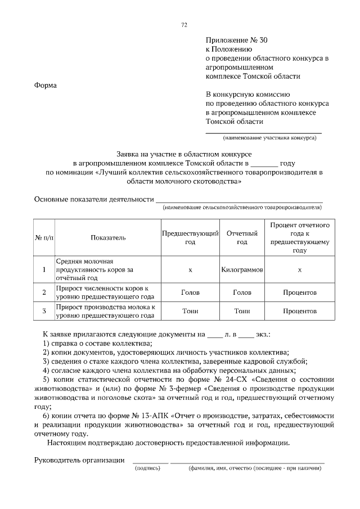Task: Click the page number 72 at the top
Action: point(184,25)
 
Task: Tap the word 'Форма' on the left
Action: point(46,85)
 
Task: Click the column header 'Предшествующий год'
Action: point(190,237)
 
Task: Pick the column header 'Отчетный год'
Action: point(242,237)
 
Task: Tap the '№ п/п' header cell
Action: point(44,237)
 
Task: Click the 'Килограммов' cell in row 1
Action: point(242,270)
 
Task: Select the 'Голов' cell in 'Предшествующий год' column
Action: point(190,292)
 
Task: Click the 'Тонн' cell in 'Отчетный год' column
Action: point(242,310)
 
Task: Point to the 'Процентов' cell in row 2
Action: point(299,292)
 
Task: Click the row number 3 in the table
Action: point(44,310)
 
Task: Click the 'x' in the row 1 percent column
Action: point(299,270)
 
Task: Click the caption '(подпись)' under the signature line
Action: point(146,468)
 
